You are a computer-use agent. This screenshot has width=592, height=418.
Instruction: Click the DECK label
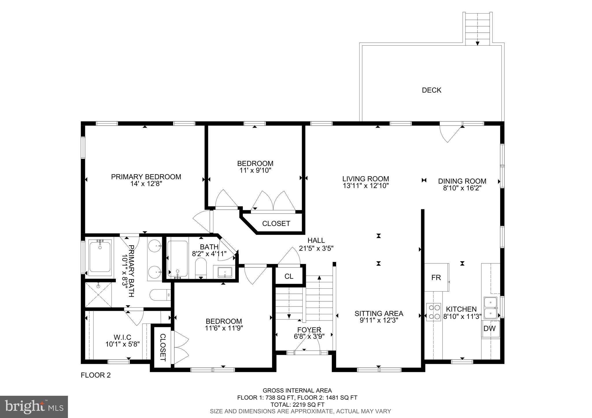431,90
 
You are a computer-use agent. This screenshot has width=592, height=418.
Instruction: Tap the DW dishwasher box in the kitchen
489,328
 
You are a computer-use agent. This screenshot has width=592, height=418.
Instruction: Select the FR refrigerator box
436,278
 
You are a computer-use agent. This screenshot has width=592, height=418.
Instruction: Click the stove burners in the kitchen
434,312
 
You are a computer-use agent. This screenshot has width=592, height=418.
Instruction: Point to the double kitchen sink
490,308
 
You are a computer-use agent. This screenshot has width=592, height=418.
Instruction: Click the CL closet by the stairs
289,276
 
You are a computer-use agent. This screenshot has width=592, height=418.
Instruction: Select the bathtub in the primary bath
100,257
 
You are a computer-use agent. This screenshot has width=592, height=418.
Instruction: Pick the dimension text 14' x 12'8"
146,184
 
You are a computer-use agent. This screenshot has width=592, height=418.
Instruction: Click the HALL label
316,240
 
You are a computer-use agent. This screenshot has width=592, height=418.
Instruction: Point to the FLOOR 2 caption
96,375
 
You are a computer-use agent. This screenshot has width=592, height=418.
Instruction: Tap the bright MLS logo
34,407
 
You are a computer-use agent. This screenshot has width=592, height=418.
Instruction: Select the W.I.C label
122,337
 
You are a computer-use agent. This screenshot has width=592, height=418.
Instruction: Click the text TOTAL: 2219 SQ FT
297,405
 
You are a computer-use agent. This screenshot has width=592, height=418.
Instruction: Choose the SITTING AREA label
379,313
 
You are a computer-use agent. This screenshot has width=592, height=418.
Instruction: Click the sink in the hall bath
225,272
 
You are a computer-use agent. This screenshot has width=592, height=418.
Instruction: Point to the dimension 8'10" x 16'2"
462,188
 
